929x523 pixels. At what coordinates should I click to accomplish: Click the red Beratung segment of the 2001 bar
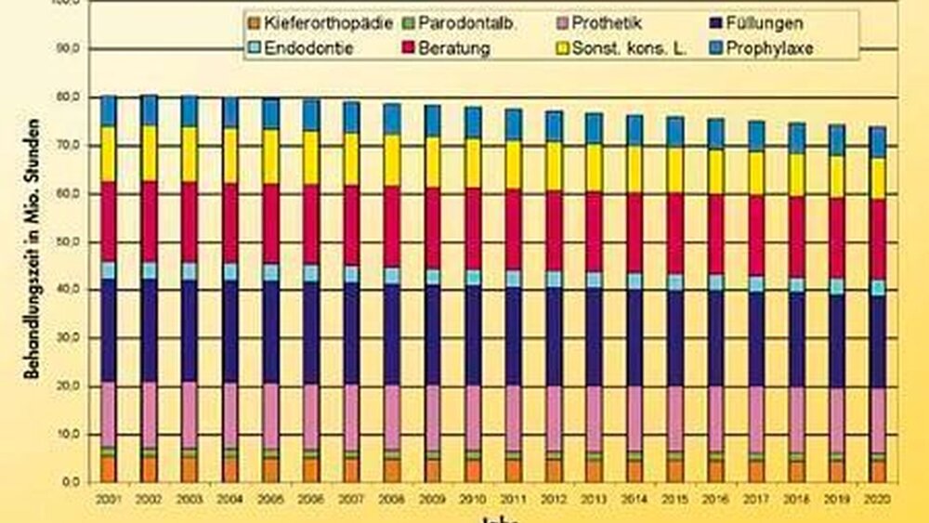click(x=109, y=221)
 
